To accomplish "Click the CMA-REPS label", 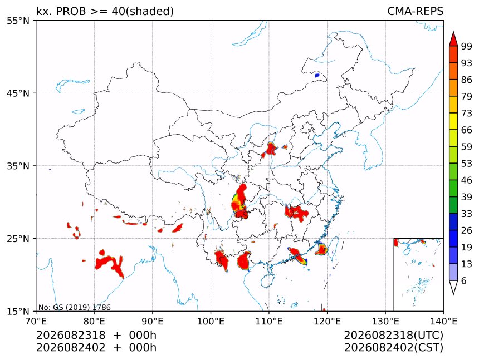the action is [x=415, y=11].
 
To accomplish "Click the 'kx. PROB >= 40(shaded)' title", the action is [x=105, y=11].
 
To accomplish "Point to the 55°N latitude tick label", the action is [x=18, y=21].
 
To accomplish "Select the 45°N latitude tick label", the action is [x=18, y=93].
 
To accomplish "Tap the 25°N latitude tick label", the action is [x=18, y=238].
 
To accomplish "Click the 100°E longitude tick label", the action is [x=211, y=321].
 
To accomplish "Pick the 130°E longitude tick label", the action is [x=385, y=321].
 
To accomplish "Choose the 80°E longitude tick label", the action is [x=94, y=321].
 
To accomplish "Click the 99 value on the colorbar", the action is [x=467, y=46].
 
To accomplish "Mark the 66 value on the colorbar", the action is [x=467, y=130].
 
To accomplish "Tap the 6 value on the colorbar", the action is [x=464, y=280].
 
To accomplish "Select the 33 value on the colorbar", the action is [x=467, y=214].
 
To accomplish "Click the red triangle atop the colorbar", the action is [x=453, y=39].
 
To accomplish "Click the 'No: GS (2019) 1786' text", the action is [x=75, y=307].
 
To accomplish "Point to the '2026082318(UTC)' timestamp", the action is [x=393, y=335].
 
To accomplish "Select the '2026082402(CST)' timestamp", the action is [x=393, y=348].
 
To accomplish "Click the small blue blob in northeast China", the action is [x=317, y=75].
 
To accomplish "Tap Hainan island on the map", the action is [x=268, y=279].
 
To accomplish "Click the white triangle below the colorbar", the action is [x=453, y=288].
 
